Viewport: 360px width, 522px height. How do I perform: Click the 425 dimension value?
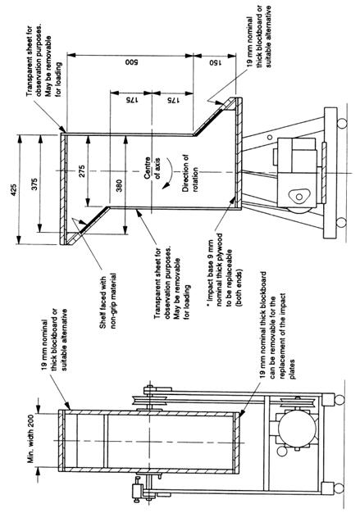pyautogui.click(x=14, y=188)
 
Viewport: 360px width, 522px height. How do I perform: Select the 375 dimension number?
pyautogui.click(x=34, y=184)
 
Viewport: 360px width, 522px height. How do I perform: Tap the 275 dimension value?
pyautogui.click(x=82, y=170)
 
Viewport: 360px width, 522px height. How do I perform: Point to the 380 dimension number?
pyautogui.click(x=119, y=187)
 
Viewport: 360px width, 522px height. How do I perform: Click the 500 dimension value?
pyautogui.click(x=131, y=62)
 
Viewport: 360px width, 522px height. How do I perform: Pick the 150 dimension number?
pyautogui.click(x=215, y=63)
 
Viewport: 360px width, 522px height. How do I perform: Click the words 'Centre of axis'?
pyautogui.click(x=152, y=168)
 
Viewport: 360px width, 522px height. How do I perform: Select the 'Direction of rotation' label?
pyautogui.click(x=190, y=173)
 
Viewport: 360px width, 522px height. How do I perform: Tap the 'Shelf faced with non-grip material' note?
pyautogui.click(x=107, y=302)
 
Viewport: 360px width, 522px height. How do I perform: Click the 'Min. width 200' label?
pyautogui.click(x=31, y=438)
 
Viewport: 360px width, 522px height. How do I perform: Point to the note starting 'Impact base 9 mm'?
pyautogui.click(x=225, y=269)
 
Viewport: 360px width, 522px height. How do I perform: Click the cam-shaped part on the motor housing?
pyautogui.click(x=298, y=196)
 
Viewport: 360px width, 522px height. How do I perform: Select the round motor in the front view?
pyautogui.click(x=297, y=429)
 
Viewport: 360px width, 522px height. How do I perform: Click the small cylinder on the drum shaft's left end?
pyautogui.click(x=138, y=490)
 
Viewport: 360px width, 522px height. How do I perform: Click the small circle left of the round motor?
pyautogui.click(x=282, y=452)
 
